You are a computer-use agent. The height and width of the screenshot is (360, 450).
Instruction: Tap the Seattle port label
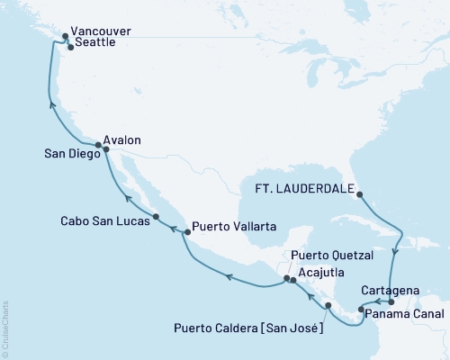(97, 44)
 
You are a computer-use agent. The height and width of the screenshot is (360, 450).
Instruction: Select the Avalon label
(123, 140)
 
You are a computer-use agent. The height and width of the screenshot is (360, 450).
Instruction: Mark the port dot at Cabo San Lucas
(156, 217)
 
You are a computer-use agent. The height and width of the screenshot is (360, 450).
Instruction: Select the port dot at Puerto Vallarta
(186, 232)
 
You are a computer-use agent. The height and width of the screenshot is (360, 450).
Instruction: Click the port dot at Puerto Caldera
(327, 306)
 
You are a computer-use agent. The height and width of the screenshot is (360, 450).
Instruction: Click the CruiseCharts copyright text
(5, 319)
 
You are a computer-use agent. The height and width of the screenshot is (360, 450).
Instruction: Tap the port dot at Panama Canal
(361, 310)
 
